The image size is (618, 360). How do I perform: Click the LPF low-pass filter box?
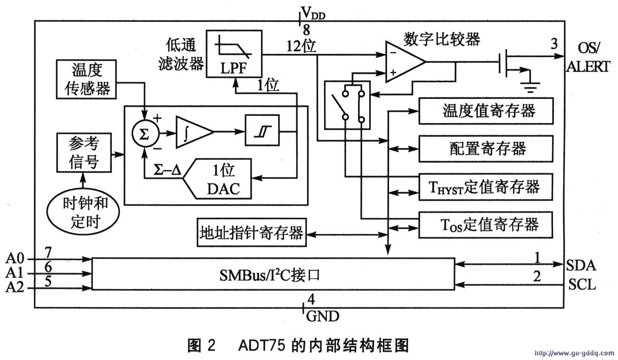(x=234, y=54)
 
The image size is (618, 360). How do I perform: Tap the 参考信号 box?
(x=84, y=152)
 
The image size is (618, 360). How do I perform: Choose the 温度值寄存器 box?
(x=486, y=111)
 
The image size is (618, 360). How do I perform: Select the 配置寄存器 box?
(x=486, y=149)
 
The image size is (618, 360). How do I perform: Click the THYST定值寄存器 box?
(x=486, y=187)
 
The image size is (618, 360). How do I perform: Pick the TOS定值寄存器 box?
(x=486, y=225)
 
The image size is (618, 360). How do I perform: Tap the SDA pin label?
(x=581, y=265)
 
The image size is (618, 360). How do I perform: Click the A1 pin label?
(x=15, y=272)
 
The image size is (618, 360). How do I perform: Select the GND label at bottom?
(x=323, y=317)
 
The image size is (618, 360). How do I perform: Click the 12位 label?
(x=301, y=46)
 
